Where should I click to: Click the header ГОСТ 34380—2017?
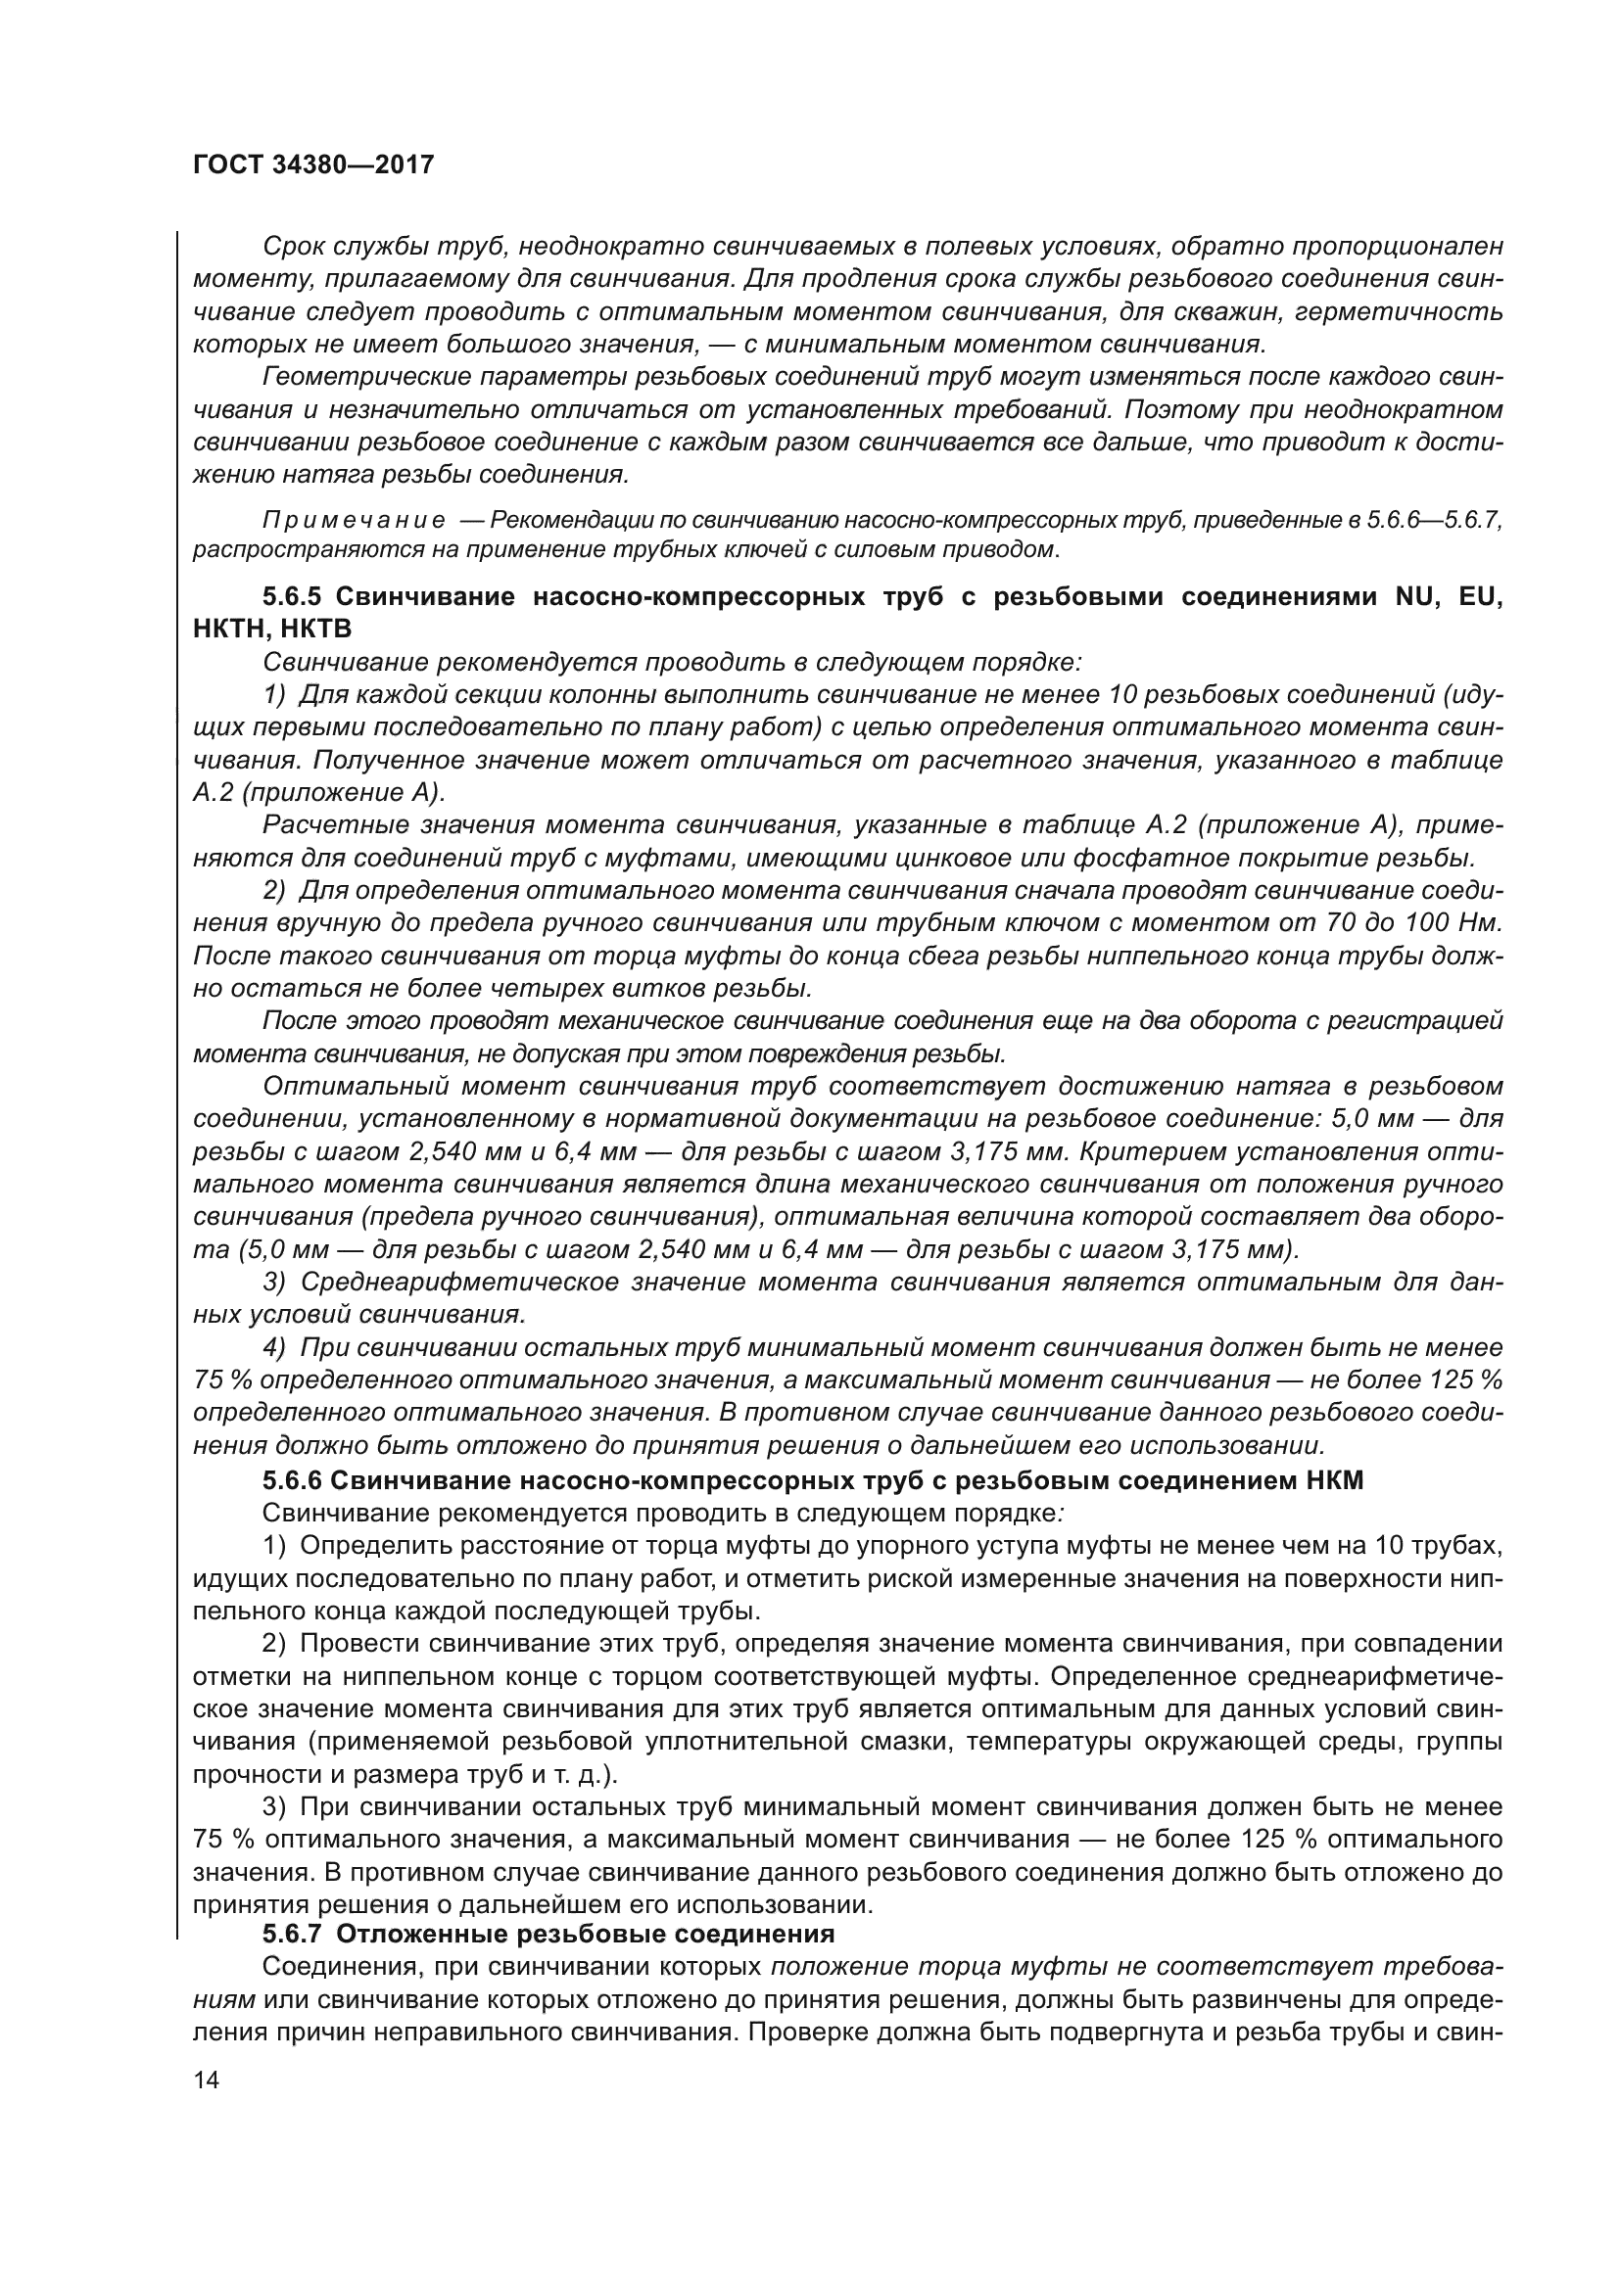click(x=313, y=164)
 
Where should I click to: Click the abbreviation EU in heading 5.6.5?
click(x=1480, y=596)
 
